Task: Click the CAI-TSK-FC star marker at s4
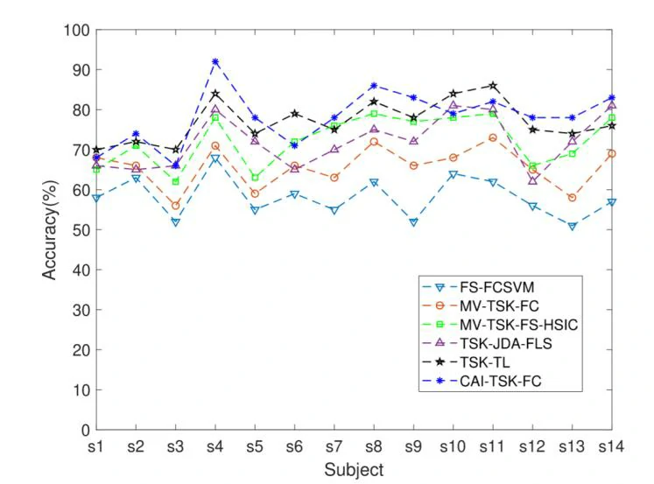pos(215,61)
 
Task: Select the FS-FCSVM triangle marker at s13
pos(572,226)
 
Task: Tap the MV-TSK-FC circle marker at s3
pos(176,206)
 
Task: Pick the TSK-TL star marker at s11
pos(493,86)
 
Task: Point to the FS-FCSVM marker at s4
pos(215,158)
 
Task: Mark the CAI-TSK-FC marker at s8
pos(374,86)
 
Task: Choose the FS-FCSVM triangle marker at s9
pos(413,222)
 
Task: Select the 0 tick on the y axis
pos(84,430)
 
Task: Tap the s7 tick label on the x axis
pos(334,445)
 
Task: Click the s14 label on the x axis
pos(610,445)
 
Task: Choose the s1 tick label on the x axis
pos(96,445)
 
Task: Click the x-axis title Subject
pos(354,470)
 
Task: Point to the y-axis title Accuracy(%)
pos(50,230)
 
